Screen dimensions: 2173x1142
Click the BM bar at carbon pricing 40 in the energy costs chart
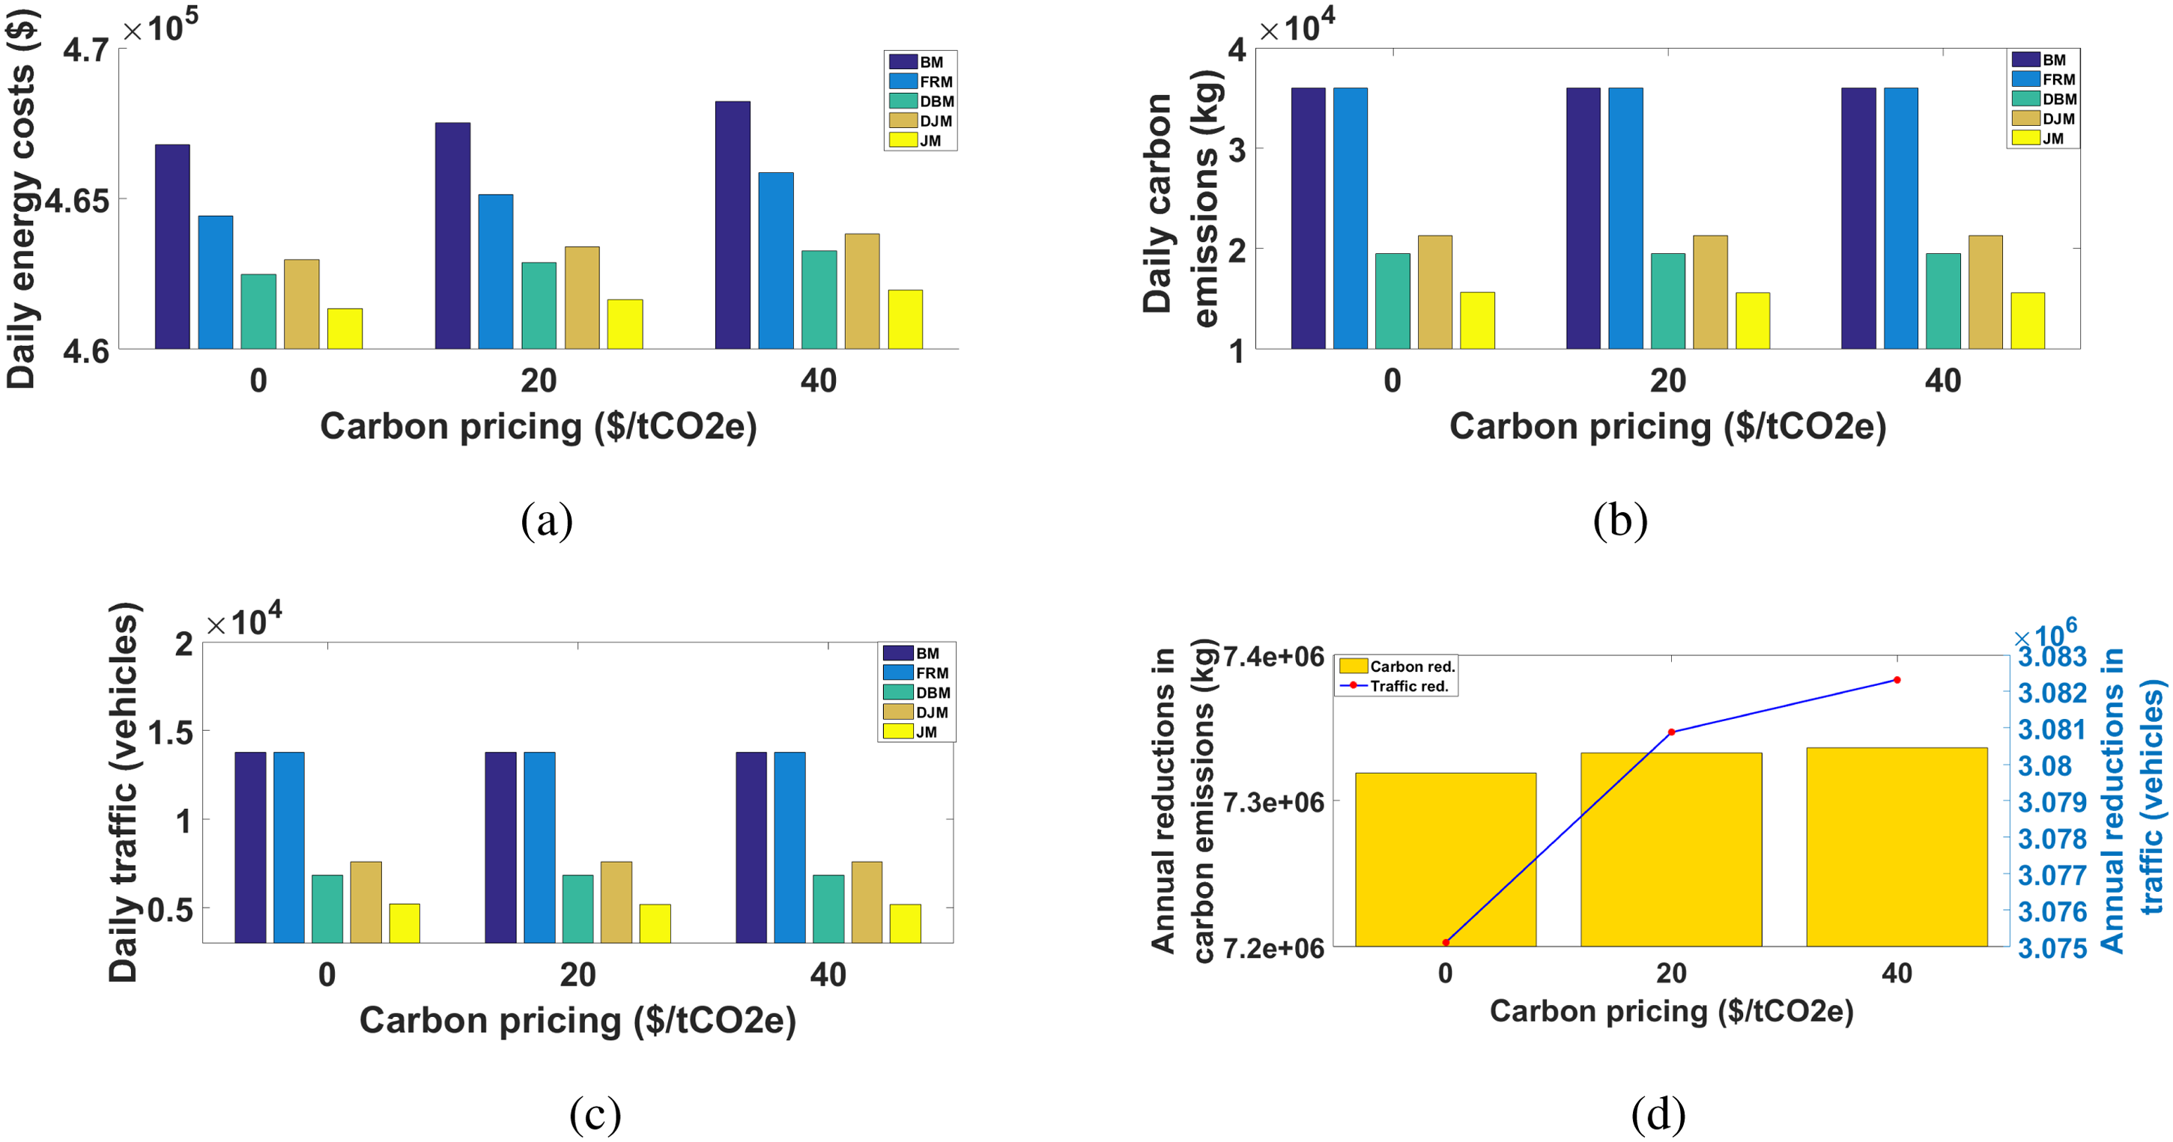pyautogui.click(x=733, y=225)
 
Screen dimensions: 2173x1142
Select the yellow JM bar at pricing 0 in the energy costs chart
pyautogui.click(x=345, y=329)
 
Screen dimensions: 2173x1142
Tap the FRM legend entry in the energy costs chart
pyautogui.click(x=921, y=82)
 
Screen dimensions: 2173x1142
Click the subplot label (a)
pyautogui.click(x=547, y=520)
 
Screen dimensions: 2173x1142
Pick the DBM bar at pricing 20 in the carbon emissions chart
pyautogui.click(x=1667, y=301)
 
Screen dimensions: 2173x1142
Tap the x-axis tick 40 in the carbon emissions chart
pyautogui.click(x=1943, y=381)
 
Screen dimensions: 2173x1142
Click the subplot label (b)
pyautogui.click(x=1619, y=520)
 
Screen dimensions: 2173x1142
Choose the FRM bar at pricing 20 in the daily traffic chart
pyautogui.click(x=539, y=848)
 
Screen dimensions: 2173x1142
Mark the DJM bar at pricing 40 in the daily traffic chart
pyautogui.click(x=867, y=902)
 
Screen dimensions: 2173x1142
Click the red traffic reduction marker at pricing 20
pyautogui.click(x=1671, y=732)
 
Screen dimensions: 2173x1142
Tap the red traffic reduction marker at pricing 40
pyautogui.click(x=1897, y=680)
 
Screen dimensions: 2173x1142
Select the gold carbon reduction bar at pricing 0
pyautogui.click(x=1445, y=860)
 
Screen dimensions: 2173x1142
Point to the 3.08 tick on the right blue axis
pyautogui.click(x=2044, y=766)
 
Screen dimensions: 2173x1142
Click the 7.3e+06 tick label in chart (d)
pyautogui.click(x=1274, y=802)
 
